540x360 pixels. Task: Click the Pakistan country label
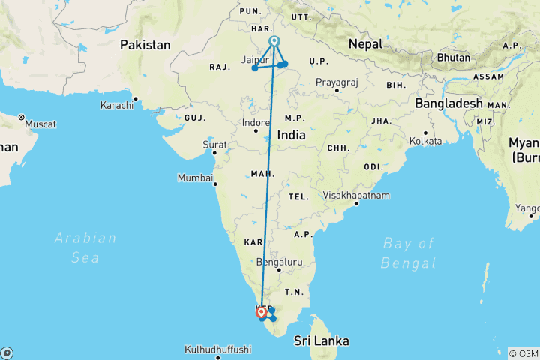pyautogui.click(x=145, y=45)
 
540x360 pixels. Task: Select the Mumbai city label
pyautogui.click(x=194, y=178)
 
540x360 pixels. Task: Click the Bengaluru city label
pyautogui.click(x=278, y=262)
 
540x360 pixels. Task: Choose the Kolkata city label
pyautogui.click(x=425, y=140)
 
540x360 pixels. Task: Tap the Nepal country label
pyautogui.click(x=367, y=44)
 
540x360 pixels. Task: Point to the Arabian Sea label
pyautogui.click(x=85, y=247)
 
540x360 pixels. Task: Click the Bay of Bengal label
pyautogui.click(x=408, y=253)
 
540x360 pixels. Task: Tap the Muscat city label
pyautogui.click(x=40, y=123)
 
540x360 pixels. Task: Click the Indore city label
pyautogui.click(x=255, y=121)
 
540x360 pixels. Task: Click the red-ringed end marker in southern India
pyautogui.click(x=261, y=311)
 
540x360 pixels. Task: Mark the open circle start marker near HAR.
pyautogui.click(x=274, y=41)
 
